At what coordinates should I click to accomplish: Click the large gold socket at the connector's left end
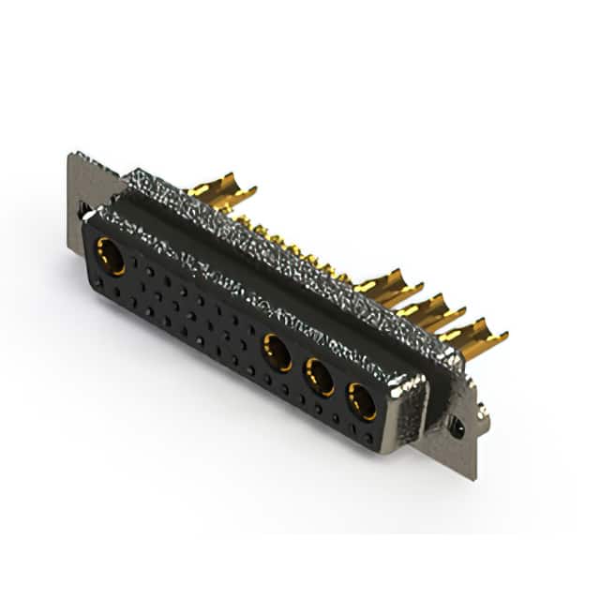tap(111, 256)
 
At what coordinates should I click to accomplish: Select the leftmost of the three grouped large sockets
tap(277, 352)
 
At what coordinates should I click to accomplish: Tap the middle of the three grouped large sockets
tap(320, 377)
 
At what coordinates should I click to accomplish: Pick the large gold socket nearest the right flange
tap(361, 400)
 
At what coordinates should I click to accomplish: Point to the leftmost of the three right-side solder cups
tap(389, 285)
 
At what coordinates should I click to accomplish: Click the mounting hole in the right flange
tap(457, 427)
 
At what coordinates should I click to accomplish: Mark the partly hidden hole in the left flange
tap(82, 212)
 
